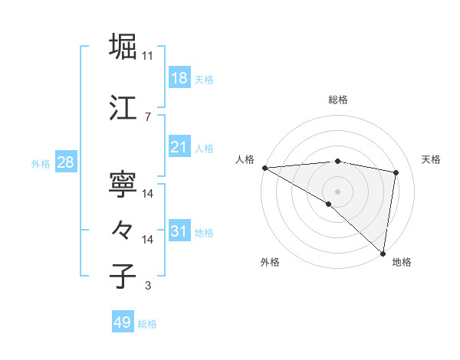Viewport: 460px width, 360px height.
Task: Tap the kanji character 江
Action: point(124,106)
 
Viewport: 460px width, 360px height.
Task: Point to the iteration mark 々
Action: point(124,228)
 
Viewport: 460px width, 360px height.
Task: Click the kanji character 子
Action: point(124,276)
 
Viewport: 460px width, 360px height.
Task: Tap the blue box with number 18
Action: point(179,79)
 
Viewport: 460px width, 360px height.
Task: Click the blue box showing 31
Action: point(179,232)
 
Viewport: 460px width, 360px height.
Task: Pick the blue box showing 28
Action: point(65,162)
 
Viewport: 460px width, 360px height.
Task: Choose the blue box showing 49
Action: point(123,323)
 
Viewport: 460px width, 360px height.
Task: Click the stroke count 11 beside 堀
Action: point(148,56)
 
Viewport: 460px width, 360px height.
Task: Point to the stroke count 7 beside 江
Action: point(148,116)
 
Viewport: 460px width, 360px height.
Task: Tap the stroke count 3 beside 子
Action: point(148,286)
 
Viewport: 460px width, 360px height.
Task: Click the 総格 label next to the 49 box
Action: point(148,324)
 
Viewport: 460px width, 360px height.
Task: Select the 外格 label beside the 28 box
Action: point(41,163)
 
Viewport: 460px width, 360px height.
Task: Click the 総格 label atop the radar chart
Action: point(338,100)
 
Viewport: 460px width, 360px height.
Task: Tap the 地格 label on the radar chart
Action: point(402,262)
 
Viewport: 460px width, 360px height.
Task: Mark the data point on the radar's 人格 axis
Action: point(264,168)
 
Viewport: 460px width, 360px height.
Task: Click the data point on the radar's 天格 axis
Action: point(396,172)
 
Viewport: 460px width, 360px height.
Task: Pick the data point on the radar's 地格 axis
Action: point(382,252)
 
